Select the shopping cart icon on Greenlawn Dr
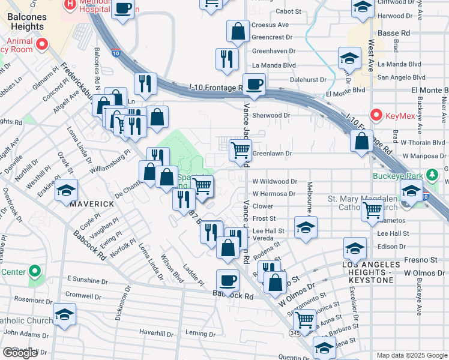[x=240, y=149]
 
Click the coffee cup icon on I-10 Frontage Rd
[x=254, y=84]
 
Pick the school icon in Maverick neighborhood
[x=66, y=191]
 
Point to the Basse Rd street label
[x=397, y=32]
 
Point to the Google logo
[x=20, y=353]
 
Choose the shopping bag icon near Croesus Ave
[x=238, y=31]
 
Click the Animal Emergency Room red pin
[x=42, y=44]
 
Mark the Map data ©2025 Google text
[x=412, y=355]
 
